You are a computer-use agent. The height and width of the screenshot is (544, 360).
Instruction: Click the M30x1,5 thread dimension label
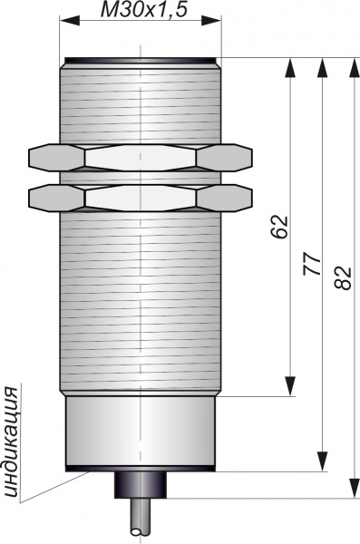click(143, 9)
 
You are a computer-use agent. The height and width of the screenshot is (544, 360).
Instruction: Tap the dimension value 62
click(280, 227)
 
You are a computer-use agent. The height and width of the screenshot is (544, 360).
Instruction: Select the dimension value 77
click(311, 264)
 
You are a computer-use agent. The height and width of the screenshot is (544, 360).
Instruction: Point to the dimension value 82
click(344, 278)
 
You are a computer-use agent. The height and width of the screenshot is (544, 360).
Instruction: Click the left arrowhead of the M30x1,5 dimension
click(70, 21)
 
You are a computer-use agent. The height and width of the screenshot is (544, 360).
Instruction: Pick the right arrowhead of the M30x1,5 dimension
click(211, 21)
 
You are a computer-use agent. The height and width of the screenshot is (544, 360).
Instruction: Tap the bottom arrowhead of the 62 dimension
click(290, 386)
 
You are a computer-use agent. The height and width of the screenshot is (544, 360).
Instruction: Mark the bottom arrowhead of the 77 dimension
click(323, 461)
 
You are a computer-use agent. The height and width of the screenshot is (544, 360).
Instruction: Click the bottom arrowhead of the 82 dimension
click(354, 488)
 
